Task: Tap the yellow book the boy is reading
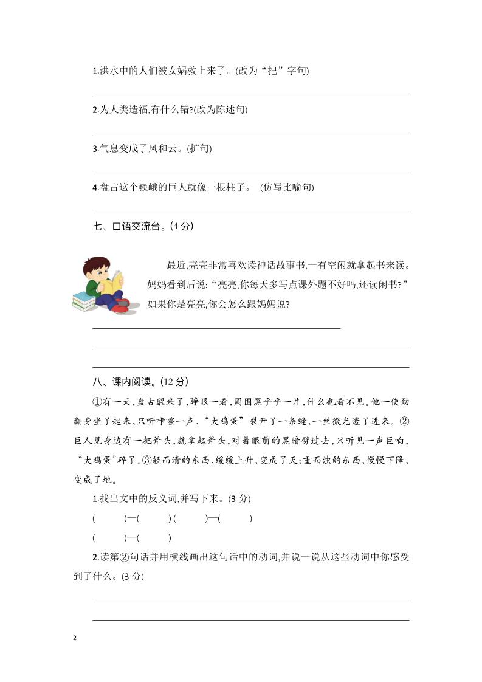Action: (x=112, y=284)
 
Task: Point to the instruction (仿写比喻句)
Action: (x=287, y=188)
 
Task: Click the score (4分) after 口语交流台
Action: (x=182, y=227)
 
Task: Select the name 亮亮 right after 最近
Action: (x=198, y=266)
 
